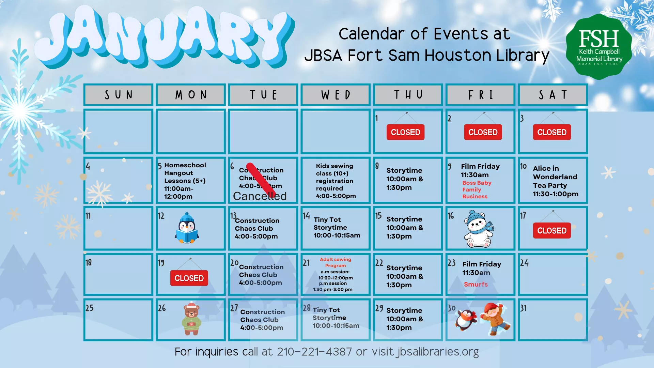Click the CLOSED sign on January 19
(189, 278)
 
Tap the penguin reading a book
(187, 228)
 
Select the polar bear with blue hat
(478, 229)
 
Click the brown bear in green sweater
(191, 319)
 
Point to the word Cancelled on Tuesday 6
(260, 196)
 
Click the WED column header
(336, 95)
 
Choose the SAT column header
(553, 95)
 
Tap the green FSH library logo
(599, 47)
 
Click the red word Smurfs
(476, 284)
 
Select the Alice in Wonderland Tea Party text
(555, 181)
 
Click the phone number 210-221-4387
(314, 351)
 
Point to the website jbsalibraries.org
(438, 351)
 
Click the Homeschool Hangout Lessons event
(185, 181)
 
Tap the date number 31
(523, 308)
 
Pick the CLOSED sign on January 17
(551, 231)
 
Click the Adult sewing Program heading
(335, 262)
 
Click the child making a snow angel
(495, 319)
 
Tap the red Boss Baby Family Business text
(477, 189)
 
